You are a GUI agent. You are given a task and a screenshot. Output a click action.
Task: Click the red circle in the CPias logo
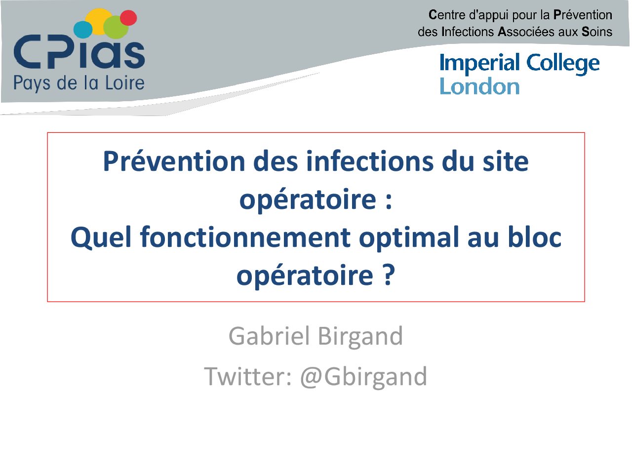128,18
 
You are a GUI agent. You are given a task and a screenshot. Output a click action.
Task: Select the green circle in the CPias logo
116,27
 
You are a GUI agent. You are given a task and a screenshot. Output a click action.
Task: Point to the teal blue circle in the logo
83,29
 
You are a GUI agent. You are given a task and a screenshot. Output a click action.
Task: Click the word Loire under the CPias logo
125,83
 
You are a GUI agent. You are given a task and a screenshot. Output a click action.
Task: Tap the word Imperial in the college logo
479,64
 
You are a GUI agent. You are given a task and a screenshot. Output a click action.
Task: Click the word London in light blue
479,86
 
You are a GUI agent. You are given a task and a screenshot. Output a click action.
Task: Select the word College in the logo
563,64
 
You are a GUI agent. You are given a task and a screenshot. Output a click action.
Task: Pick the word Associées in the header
526,32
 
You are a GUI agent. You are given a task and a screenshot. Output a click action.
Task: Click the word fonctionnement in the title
245,237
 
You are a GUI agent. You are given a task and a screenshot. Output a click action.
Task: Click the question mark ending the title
388,275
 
